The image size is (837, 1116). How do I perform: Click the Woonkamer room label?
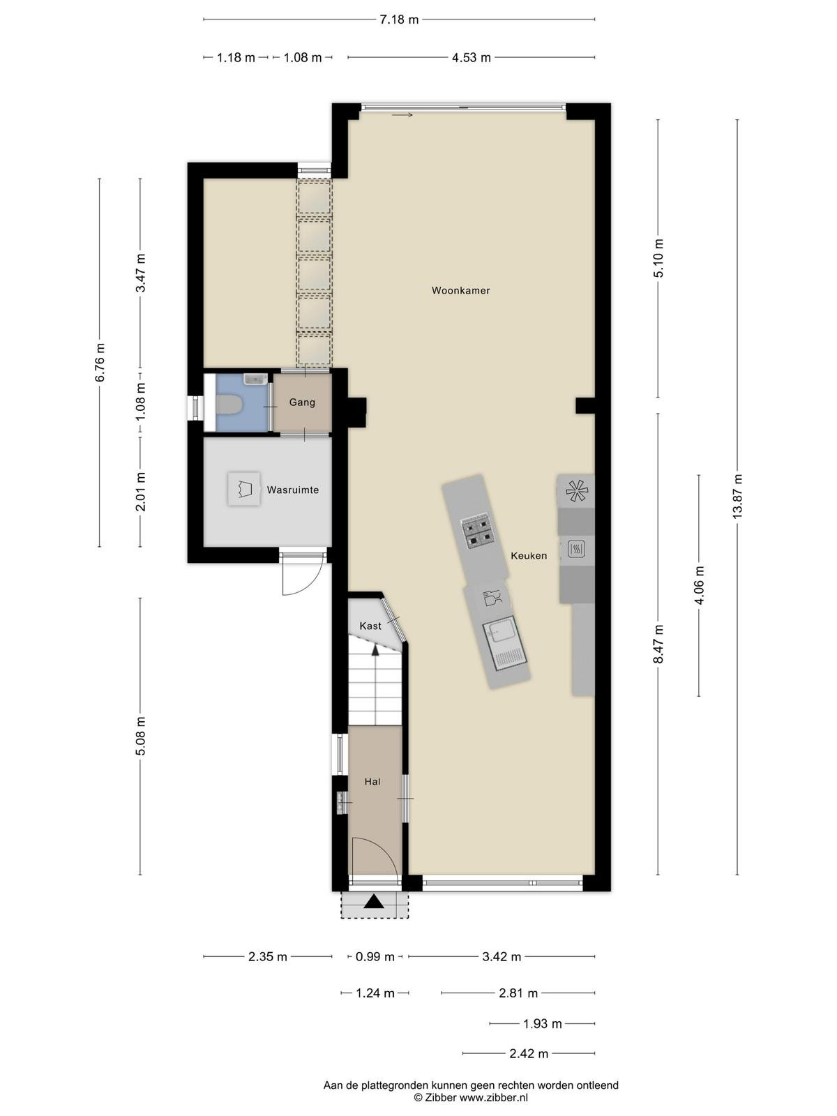click(x=460, y=290)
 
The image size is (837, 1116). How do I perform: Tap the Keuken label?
click(x=529, y=556)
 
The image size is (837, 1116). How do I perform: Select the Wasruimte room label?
click(x=293, y=490)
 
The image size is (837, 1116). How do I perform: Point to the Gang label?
click(x=302, y=402)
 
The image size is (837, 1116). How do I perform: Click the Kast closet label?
click(x=370, y=626)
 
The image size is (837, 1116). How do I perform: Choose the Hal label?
click(x=372, y=781)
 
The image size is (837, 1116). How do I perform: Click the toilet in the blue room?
click(x=228, y=405)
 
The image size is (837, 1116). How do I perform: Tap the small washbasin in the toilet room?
click(x=255, y=379)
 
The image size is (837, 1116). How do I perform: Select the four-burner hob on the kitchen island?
click(x=476, y=531)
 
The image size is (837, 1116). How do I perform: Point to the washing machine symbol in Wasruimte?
click(x=244, y=489)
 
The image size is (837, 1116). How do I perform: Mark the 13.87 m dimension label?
click(x=737, y=496)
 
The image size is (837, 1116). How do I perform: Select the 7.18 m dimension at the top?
click(x=399, y=20)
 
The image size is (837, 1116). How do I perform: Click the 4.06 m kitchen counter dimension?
click(x=700, y=585)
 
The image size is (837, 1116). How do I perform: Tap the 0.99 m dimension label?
click(x=375, y=957)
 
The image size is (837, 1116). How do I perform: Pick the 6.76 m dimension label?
click(x=100, y=362)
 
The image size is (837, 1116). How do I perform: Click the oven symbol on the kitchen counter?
click(x=576, y=549)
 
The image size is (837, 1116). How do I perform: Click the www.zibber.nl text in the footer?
click(x=493, y=1098)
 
